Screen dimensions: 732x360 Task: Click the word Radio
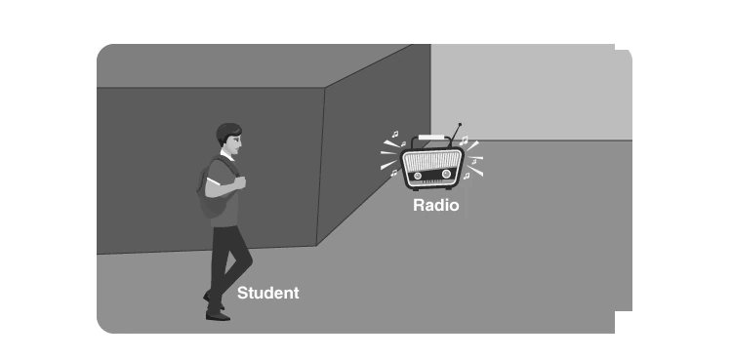coord(436,205)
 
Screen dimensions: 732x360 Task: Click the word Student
coord(268,294)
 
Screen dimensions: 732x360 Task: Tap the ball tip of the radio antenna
coord(460,125)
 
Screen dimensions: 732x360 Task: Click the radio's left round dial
coord(418,176)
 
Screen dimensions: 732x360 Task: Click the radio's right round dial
coord(446,175)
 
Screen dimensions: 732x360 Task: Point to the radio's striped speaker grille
coord(431,160)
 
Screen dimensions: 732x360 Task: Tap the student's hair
coord(227,132)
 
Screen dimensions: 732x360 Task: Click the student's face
coord(237,142)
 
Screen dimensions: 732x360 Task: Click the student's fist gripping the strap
coord(239,182)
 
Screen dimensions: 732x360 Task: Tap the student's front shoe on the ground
coord(218,316)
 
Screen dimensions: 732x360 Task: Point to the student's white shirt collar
coord(226,155)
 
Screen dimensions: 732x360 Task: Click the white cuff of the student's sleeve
coord(214,181)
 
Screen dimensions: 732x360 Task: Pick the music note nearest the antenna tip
coord(464,140)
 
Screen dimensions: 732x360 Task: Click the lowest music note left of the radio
coord(394,173)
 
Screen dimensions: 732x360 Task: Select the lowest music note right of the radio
coord(467,176)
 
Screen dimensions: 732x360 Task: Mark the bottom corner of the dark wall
coord(316,245)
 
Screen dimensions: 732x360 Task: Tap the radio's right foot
coord(449,188)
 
